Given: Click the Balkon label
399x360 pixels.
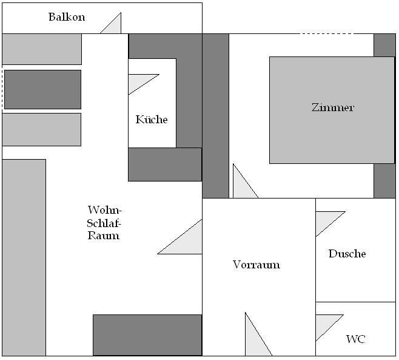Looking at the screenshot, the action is [67, 17].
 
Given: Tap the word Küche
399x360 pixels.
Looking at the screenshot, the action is [152, 119].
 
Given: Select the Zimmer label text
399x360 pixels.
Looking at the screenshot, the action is [332, 107].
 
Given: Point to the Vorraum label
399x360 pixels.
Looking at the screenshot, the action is [256, 265].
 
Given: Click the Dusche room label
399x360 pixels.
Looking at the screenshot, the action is [347, 254].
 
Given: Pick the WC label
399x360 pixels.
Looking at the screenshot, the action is [356, 339].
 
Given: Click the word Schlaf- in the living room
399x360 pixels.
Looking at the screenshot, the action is [104, 223].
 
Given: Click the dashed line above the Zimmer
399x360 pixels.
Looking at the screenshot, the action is [327, 33].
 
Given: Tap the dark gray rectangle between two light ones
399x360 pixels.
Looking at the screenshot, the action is [42, 89].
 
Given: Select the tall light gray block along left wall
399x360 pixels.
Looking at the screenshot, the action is [24, 257].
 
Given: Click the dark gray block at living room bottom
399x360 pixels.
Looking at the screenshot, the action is [147, 335].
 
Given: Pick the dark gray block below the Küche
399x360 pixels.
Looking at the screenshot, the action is [165, 165].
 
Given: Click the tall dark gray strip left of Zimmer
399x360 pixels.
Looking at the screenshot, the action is [215, 116].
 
